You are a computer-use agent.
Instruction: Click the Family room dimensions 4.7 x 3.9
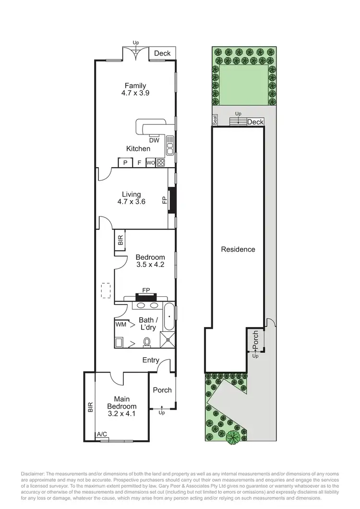pos(135,94)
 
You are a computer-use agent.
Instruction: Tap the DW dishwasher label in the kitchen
pos(154,140)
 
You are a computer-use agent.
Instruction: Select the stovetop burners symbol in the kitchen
pos(161,162)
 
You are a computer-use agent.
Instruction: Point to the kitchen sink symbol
pos(169,142)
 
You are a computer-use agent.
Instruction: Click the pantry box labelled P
pos(125,163)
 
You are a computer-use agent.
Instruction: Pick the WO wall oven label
pos(150,163)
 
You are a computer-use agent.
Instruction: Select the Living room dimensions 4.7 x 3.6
pos(131,202)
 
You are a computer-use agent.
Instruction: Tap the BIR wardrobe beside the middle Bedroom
pos(120,240)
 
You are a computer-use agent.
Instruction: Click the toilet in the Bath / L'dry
pos(147,341)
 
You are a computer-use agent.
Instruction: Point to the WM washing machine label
pos(120,324)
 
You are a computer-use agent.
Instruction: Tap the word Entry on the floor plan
pos(151,360)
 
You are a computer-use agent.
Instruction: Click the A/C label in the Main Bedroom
pos(102,434)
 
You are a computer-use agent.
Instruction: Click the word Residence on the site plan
pos(238,249)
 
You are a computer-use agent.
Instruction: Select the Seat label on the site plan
pos(215,120)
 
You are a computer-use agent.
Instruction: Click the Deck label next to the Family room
pos(162,53)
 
